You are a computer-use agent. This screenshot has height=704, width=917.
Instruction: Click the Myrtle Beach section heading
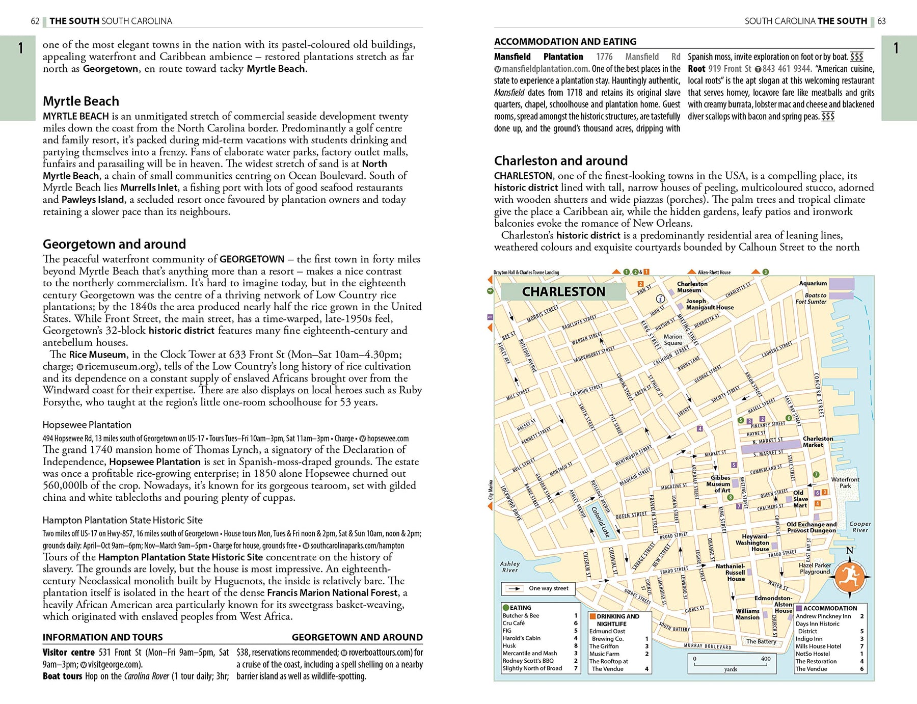click(x=81, y=101)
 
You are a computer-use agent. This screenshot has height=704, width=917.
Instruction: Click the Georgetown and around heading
click(x=114, y=244)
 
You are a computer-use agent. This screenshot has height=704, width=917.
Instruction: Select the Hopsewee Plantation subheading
click(x=87, y=425)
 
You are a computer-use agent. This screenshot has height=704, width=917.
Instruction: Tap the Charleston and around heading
click(x=560, y=161)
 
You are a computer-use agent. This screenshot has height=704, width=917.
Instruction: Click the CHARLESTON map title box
click(x=563, y=292)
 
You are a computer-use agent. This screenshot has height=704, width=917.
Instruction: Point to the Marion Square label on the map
click(x=673, y=340)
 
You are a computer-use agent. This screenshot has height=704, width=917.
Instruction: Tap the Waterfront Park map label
click(x=845, y=482)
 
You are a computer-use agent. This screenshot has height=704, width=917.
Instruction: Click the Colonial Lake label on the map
click(x=601, y=522)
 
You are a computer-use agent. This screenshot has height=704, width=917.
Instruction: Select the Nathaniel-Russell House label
click(x=730, y=573)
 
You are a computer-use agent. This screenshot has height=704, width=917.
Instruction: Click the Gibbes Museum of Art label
click(x=720, y=484)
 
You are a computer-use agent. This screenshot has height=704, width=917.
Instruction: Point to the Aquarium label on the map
click(x=813, y=283)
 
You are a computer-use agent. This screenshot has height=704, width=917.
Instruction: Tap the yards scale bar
click(x=730, y=663)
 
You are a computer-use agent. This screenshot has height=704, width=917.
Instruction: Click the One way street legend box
click(x=538, y=588)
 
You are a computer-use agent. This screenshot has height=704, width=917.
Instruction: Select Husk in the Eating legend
click(x=509, y=645)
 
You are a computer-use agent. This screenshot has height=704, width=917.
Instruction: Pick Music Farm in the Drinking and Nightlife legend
click(x=604, y=654)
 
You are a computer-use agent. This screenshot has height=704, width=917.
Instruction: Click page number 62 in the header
click(x=35, y=21)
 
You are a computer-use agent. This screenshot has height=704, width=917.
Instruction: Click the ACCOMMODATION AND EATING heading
click(x=565, y=42)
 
